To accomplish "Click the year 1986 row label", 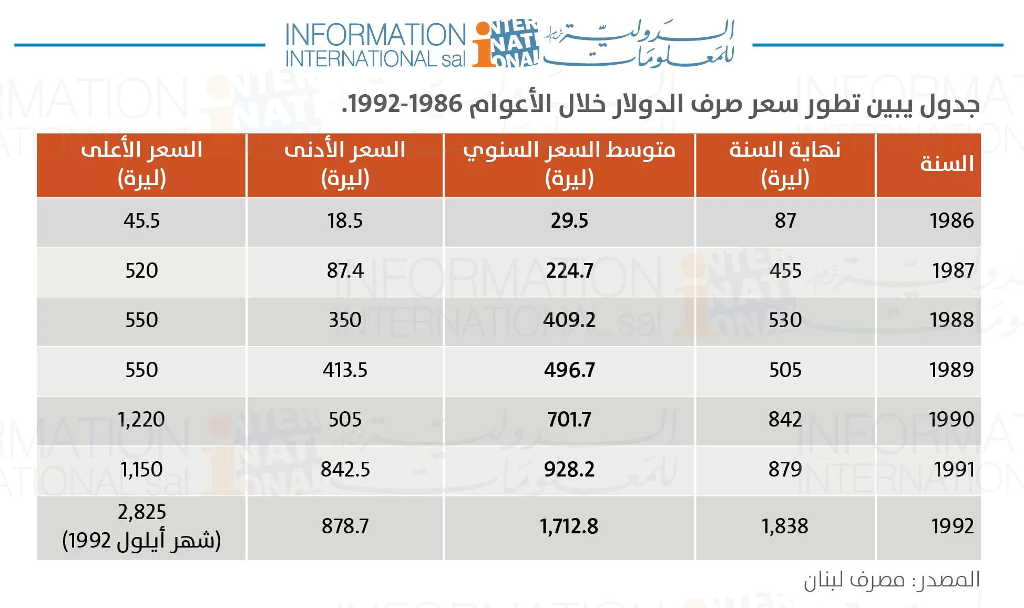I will click(x=951, y=220).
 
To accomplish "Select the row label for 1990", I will click(x=951, y=420).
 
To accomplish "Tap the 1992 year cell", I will click(x=952, y=526).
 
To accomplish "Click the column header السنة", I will click(x=946, y=164).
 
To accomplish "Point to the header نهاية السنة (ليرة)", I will click(x=785, y=164).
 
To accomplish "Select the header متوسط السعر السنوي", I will click(x=569, y=164).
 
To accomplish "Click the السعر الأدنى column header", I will click(x=345, y=164).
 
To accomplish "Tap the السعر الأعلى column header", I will click(x=141, y=164).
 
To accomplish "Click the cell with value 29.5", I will click(x=569, y=220).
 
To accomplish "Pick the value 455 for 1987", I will click(x=785, y=270).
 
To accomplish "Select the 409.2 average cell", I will click(x=569, y=320).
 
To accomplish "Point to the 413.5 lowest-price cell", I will click(x=345, y=370).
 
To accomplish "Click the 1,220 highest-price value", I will click(x=141, y=420).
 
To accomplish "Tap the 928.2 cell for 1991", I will click(x=569, y=469).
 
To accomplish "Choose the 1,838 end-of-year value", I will click(x=785, y=526).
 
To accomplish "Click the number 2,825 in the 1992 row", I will click(x=141, y=512).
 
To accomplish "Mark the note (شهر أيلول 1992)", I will click(x=141, y=541).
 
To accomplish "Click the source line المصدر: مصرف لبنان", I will click(x=892, y=580).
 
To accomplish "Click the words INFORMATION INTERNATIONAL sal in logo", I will click(x=375, y=45).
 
